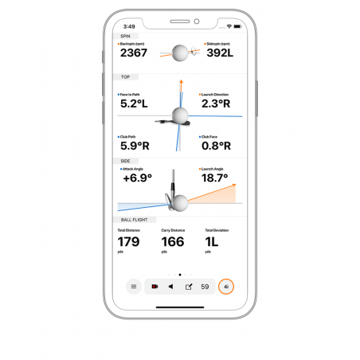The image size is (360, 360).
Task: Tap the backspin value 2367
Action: tap(133, 53)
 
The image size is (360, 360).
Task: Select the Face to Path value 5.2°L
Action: tap(134, 104)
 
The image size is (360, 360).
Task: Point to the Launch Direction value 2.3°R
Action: tap(215, 104)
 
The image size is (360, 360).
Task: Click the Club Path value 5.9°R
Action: tap(135, 146)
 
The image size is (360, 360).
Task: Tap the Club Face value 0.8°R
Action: tap(216, 146)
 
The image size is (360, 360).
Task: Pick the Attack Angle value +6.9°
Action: tap(137, 178)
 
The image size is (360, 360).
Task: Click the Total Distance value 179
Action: tap(128, 241)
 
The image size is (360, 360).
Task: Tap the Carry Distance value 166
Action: tap(172, 241)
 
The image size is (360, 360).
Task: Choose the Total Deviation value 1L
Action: tap(210, 241)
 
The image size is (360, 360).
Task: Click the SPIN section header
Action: tap(125, 36)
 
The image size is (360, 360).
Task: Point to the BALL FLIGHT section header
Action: tap(133, 220)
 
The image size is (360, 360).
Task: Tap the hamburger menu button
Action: tap(134, 286)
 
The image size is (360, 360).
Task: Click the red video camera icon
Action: tap(155, 286)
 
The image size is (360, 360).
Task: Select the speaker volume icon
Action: tap(170, 286)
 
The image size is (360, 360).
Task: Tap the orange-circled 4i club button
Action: tap(226, 286)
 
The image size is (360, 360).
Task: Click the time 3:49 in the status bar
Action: tap(129, 26)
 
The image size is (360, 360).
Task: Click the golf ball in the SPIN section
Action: tap(180, 53)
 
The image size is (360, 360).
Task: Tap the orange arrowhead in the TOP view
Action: tap(182, 80)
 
